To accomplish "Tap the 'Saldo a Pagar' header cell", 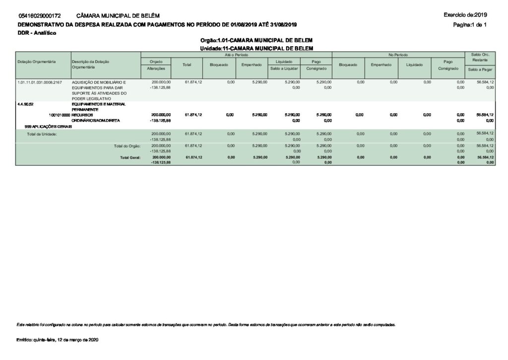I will click(x=480, y=70).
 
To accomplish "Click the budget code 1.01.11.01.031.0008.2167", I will click(x=40, y=81).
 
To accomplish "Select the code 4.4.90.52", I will click(x=26, y=104).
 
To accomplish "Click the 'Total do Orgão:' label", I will click(x=127, y=146).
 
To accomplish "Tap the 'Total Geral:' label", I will click(x=130, y=157).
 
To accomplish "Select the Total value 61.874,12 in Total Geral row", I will click(x=193, y=157).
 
